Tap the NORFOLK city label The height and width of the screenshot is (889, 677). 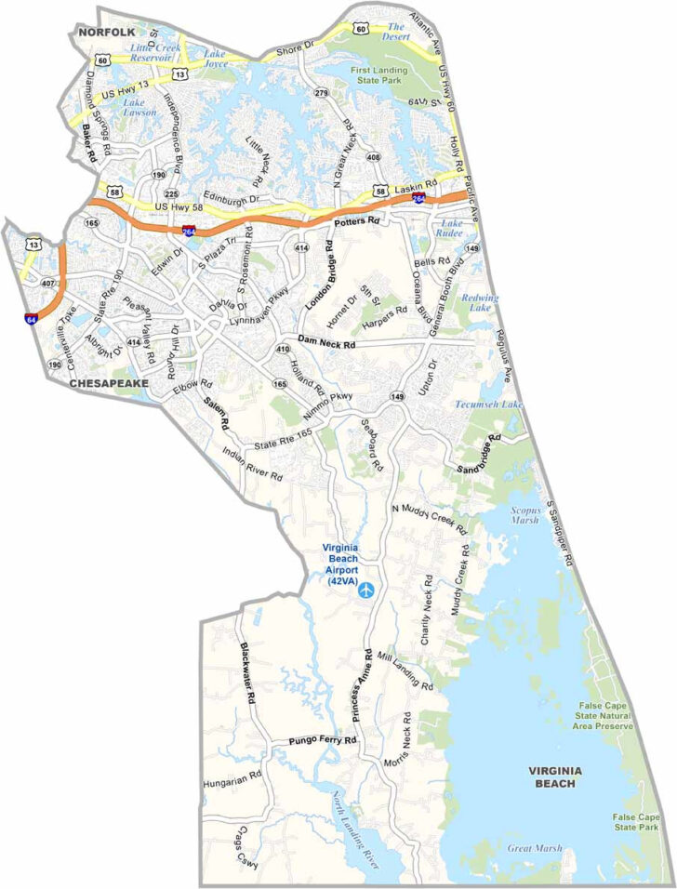click(106, 32)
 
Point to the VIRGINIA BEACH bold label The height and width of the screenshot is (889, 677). click(554, 777)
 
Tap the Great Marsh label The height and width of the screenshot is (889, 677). click(529, 847)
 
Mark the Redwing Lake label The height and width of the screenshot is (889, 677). click(480, 302)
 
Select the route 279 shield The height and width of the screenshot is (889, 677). click(322, 94)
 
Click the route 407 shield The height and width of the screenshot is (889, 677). click(49, 283)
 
